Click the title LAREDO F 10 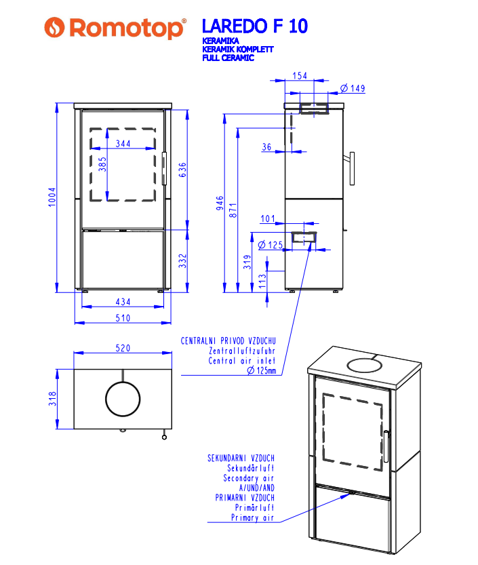[x=254, y=26]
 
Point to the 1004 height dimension [x=52, y=197]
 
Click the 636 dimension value [x=182, y=169]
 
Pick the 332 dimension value [x=182, y=261]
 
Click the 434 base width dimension [x=123, y=302]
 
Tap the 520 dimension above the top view [x=123, y=347]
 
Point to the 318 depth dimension [x=52, y=399]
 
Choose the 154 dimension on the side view [x=300, y=75]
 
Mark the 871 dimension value [x=233, y=210]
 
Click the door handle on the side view [x=353, y=170]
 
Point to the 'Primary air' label [x=252, y=518]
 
